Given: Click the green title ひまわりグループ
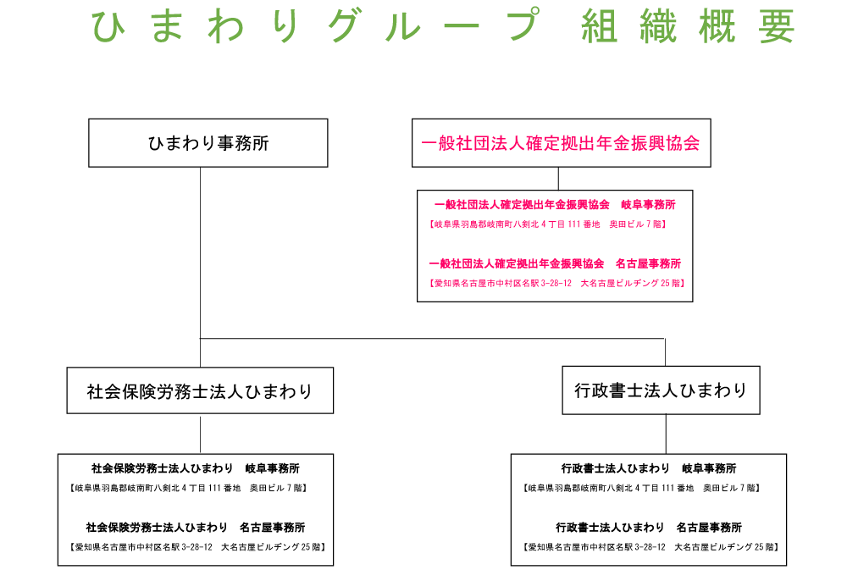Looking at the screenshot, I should click(313, 26).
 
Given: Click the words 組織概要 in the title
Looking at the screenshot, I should click(688, 28).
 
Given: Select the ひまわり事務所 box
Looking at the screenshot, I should click(208, 142).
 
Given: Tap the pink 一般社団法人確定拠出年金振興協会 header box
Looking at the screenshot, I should click(561, 142).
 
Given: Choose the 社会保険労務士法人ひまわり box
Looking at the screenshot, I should click(200, 390).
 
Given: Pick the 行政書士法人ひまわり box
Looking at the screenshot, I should click(661, 390).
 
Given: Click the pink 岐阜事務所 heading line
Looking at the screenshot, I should click(555, 205).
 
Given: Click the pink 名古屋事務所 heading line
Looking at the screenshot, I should click(555, 263).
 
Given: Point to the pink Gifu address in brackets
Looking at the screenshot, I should click(548, 224).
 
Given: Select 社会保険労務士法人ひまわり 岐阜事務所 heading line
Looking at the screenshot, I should click(196, 468).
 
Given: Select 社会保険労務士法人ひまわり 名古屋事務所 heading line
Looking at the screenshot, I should click(196, 527).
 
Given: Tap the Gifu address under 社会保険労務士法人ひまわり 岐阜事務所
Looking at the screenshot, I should click(188, 488).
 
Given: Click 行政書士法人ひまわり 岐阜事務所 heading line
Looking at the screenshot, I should click(649, 468).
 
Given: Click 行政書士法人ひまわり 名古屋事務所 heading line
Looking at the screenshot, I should click(649, 527).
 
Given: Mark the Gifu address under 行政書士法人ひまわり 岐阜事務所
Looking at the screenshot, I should click(642, 488).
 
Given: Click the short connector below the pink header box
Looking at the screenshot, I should click(558, 179).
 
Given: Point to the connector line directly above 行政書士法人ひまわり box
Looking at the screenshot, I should click(665, 352).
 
